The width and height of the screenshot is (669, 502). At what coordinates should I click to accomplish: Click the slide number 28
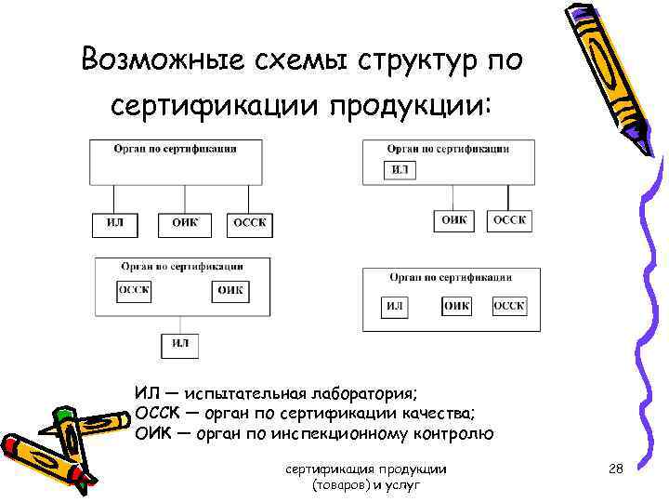615,470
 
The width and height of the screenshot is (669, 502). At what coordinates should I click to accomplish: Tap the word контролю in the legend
447,434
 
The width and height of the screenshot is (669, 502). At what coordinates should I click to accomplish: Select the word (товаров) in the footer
341,486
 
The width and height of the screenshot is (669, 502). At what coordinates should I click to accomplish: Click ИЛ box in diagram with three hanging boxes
114,223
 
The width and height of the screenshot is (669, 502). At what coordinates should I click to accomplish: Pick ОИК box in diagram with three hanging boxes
185,223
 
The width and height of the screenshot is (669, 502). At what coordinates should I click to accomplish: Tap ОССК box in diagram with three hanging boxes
249,223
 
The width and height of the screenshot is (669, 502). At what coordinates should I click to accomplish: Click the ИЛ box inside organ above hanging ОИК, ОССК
400,170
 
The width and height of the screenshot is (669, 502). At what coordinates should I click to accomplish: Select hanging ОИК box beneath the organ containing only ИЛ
454,220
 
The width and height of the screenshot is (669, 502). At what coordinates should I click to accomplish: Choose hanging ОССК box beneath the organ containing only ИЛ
508,220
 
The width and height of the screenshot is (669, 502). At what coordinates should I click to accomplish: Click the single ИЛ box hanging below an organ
180,344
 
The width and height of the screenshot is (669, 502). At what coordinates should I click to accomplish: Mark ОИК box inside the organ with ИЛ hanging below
230,290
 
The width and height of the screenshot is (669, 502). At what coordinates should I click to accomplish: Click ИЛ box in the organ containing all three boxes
396,306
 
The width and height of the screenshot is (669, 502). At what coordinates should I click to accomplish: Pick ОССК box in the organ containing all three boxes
509,306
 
